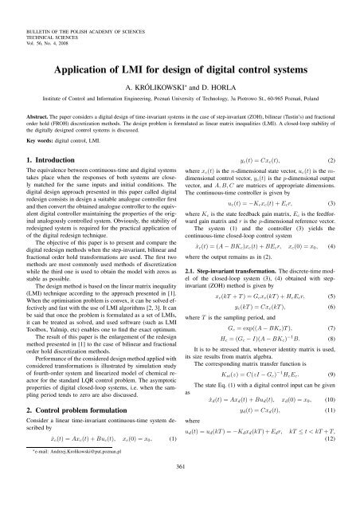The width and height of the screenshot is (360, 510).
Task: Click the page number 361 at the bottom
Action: (x=180, y=488)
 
